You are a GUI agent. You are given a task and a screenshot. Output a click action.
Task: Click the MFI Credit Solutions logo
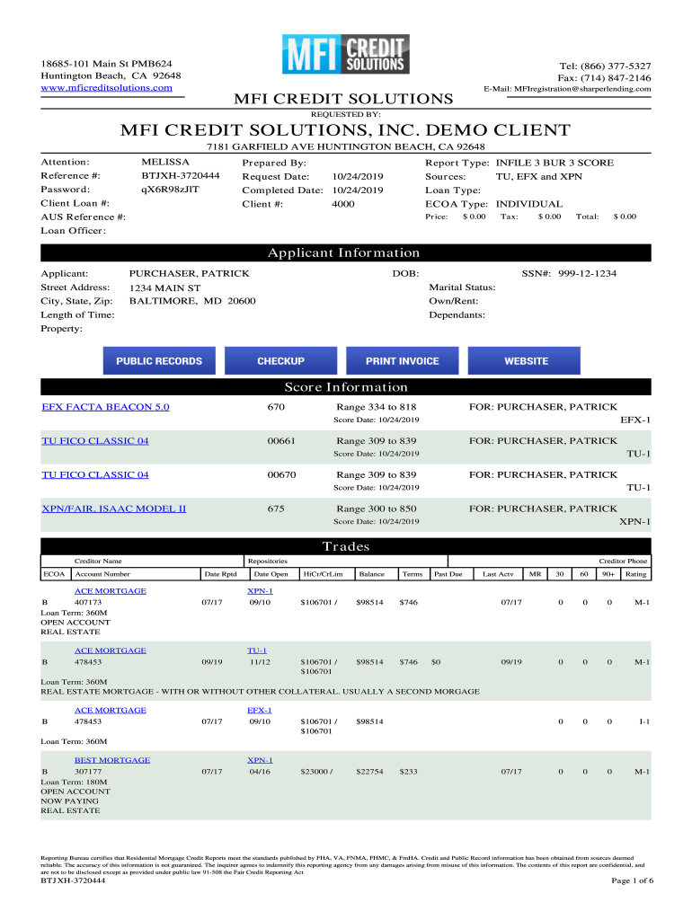[x=346, y=56]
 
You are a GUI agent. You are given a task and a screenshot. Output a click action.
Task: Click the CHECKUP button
[x=280, y=361]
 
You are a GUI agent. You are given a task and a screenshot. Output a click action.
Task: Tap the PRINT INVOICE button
[x=402, y=361]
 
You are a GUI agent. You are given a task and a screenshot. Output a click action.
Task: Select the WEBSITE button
[x=526, y=361]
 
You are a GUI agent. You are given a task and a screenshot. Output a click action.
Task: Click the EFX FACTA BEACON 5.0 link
[x=105, y=408]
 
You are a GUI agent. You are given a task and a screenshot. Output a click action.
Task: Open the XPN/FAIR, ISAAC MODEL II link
[x=114, y=509]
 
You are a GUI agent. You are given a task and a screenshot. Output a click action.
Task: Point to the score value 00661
[x=281, y=441]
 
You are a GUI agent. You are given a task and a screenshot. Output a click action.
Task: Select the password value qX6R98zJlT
[x=171, y=190]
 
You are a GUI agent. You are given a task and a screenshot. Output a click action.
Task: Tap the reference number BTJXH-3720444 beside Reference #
[x=181, y=176]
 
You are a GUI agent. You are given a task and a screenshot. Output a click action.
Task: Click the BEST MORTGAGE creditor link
[x=111, y=760]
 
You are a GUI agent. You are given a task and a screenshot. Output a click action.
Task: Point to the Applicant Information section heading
[x=346, y=253]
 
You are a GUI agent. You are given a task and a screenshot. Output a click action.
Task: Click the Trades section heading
[x=346, y=547]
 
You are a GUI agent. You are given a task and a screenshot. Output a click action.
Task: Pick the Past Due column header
[x=448, y=573]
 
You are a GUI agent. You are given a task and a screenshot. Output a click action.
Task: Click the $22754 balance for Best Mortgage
[x=369, y=772]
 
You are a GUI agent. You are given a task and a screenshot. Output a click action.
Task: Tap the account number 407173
[x=88, y=602]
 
